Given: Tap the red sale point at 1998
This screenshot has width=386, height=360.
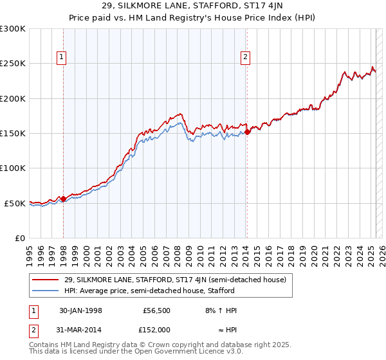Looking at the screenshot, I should (x=63, y=199).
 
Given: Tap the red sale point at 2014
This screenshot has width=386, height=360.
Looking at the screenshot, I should (x=247, y=132).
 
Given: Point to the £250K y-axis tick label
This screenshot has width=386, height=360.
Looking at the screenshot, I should (x=13, y=64).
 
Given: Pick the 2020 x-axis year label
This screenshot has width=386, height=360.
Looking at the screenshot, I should (x=313, y=251).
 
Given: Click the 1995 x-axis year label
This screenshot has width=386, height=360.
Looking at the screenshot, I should (x=30, y=251).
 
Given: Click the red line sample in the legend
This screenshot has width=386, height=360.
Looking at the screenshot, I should (x=46, y=280).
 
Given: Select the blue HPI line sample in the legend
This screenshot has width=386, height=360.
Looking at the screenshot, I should (x=46, y=291).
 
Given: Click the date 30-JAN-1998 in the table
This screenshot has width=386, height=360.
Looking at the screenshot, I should (x=80, y=310).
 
